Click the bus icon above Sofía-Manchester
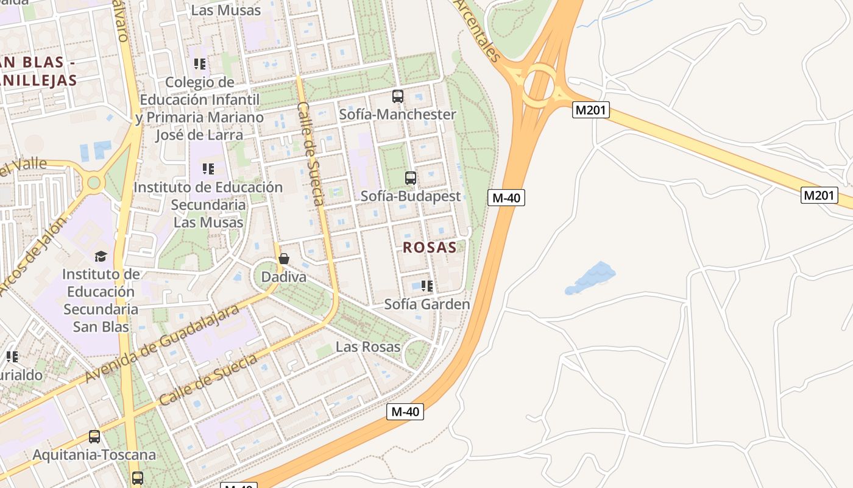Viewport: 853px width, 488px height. [x=398, y=96]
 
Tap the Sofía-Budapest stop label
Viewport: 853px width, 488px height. [x=411, y=196]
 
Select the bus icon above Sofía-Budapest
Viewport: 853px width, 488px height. [x=411, y=178]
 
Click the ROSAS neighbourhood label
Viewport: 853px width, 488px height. [x=430, y=247]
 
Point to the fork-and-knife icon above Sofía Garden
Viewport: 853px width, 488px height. [x=427, y=285]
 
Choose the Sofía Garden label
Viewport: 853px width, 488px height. [x=427, y=304]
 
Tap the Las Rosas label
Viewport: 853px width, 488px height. [x=368, y=346]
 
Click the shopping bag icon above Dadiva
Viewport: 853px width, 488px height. [x=283, y=259]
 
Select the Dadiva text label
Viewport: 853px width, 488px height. [x=283, y=277]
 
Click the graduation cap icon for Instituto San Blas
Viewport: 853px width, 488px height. [x=101, y=256]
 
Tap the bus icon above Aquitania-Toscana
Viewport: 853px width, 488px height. [x=94, y=437]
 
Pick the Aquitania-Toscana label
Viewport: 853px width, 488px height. [x=94, y=455]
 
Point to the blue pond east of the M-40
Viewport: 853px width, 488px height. [x=590, y=278]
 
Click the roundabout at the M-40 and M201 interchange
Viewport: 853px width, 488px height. [x=539, y=84]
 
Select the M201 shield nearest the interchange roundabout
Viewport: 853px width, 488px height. [x=591, y=110]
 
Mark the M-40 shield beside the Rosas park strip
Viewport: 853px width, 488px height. [x=506, y=198]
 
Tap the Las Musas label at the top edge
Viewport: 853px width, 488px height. [x=226, y=10]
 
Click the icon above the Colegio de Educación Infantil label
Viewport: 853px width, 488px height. [x=200, y=63]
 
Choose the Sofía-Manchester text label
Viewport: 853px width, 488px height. [x=397, y=115]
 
